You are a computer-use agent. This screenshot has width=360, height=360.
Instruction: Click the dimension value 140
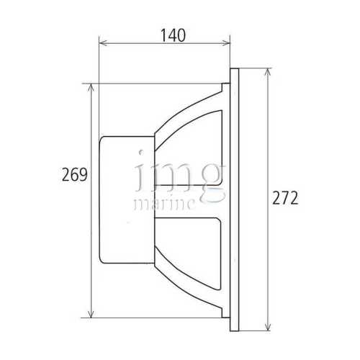(x=164, y=34)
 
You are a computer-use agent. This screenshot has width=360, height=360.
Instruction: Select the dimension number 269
(x=75, y=174)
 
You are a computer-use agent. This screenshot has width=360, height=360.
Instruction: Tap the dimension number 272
(x=286, y=198)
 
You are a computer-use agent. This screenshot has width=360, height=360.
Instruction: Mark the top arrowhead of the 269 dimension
(x=90, y=86)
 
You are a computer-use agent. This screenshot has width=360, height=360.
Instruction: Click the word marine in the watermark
(x=164, y=204)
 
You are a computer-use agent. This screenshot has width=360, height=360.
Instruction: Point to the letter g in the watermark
(x=210, y=180)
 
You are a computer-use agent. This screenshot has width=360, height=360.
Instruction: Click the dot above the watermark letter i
(x=141, y=153)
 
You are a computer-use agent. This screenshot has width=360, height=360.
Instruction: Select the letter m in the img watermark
(x=170, y=176)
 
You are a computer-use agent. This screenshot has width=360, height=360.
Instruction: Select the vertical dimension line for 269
(x=90, y=238)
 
